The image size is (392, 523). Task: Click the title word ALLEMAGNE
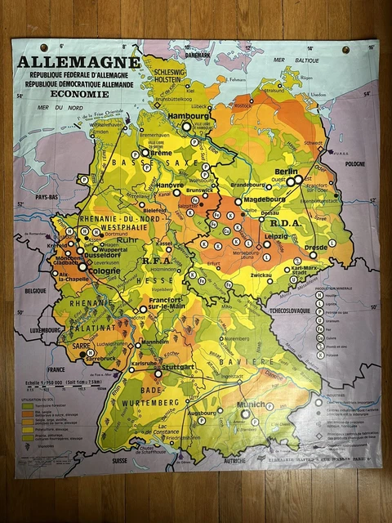[79, 62]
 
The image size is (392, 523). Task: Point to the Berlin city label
[286, 171]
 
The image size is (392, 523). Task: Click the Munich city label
[250, 405]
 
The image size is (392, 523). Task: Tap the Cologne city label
[82, 271]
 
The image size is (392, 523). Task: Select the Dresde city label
[316, 247]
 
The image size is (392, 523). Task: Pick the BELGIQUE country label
[34, 290]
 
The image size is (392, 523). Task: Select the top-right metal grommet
[345, 50]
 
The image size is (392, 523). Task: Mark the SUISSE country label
[121, 460]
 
